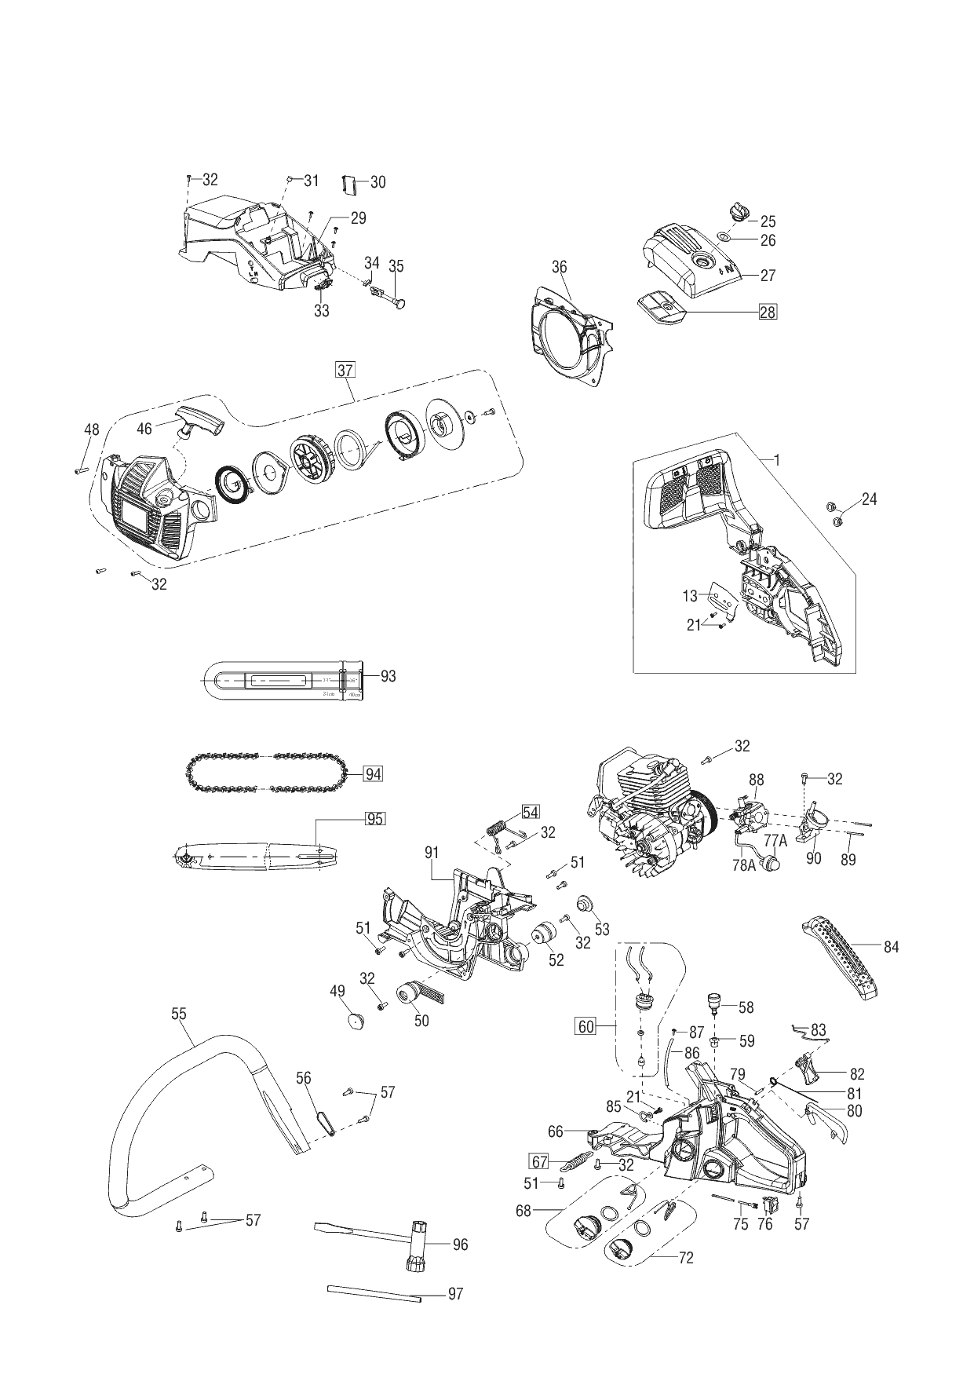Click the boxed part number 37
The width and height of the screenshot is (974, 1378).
pyautogui.click(x=345, y=370)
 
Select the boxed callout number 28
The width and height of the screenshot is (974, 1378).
pyautogui.click(x=768, y=312)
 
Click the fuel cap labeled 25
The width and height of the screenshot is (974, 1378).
pyautogui.click(x=739, y=212)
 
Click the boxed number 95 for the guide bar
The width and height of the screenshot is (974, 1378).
pyautogui.click(x=375, y=818)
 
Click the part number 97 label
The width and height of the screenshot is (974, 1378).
pyautogui.click(x=455, y=1294)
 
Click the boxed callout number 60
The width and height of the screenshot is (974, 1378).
pyautogui.click(x=586, y=1026)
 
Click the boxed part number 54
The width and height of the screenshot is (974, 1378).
pyautogui.click(x=531, y=812)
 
